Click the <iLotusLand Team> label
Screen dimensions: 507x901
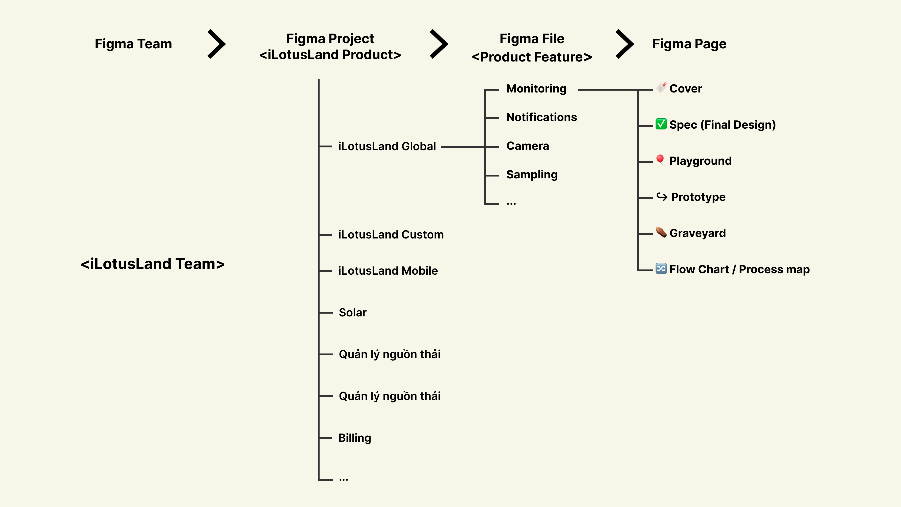(x=153, y=264)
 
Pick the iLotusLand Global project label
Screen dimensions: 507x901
(x=387, y=146)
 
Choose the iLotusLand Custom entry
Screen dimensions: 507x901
(x=391, y=234)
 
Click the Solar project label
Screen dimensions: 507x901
(x=353, y=312)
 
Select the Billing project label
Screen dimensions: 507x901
(x=355, y=438)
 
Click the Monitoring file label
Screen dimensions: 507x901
(x=536, y=88)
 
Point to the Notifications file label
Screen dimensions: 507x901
(x=542, y=117)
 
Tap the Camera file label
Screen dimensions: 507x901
(x=527, y=146)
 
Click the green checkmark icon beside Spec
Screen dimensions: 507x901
(x=661, y=124)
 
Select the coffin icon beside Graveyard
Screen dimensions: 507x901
(x=661, y=232)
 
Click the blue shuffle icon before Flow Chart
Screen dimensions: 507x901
(x=661, y=268)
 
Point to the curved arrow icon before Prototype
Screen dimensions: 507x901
(x=661, y=197)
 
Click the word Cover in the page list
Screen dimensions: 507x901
(x=686, y=88)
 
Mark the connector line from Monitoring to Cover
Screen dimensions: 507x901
(x=609, y=90)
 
